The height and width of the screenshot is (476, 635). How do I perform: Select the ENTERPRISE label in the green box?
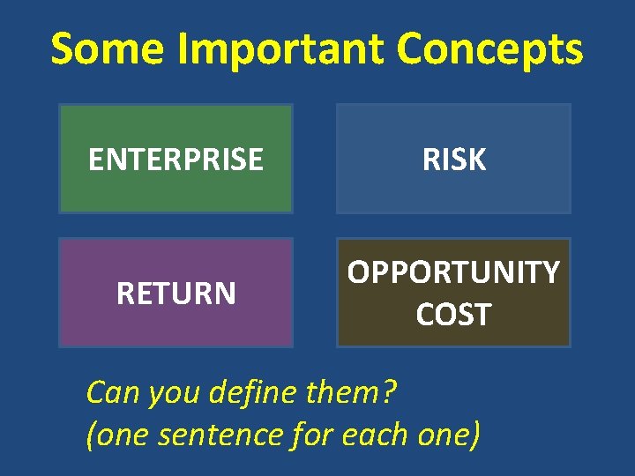point(176,160)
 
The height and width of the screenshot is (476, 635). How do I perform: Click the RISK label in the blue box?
point(454,160)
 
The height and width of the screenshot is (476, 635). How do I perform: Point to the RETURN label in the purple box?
point(176,293)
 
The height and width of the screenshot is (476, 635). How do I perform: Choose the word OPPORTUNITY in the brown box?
point(453,273)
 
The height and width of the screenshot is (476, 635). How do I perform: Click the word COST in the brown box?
point(453,315)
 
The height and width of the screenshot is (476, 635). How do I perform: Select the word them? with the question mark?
point(352,391)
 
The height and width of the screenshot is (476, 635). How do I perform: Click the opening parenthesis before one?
point(91,435)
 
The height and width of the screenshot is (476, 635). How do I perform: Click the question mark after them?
point(392,391)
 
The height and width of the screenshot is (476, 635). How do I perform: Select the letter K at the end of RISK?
point(477,160)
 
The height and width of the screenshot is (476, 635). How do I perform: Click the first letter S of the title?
point(63,50)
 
